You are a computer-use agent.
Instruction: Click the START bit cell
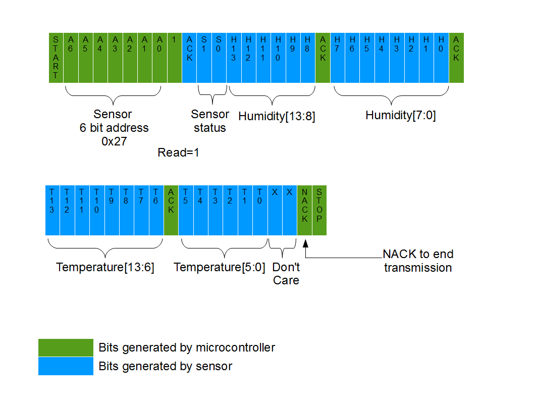pos(56,58)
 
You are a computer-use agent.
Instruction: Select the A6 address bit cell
pos(71,58)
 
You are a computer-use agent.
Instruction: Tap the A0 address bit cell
pos(159,58)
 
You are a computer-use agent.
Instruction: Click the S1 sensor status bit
pos(204,58)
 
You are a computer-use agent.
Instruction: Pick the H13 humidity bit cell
pos(234,58)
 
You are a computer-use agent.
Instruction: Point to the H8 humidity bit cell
pos(308,58)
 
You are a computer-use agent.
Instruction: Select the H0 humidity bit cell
pos(442,58)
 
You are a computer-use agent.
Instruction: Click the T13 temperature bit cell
pos(52,210)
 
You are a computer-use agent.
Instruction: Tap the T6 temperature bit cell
pos(156,210)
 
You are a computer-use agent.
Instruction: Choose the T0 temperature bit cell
pos(260,210)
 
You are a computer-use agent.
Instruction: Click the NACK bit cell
pos(304,210)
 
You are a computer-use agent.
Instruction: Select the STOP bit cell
pos(319,210)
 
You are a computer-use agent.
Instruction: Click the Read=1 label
pos(178,153)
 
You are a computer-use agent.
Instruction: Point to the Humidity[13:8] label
pos(277,116)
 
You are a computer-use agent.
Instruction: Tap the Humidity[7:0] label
pos(400,116)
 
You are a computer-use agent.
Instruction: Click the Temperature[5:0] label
pos(219,267)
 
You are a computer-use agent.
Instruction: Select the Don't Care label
pos(286,273)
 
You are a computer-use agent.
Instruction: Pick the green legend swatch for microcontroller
pos(66,347)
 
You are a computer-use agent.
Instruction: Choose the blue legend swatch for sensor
pos(66,366)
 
